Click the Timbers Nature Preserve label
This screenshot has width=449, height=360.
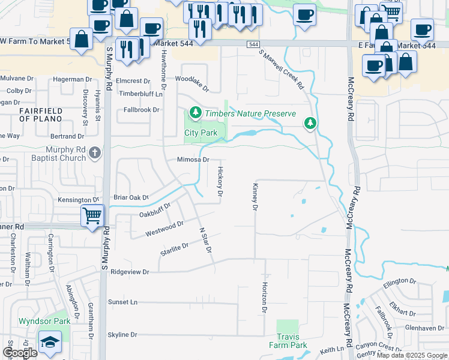click(x=250, y=113)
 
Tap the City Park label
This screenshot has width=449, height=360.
click(x=200, y=132)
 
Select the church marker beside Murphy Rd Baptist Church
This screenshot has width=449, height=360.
click(x=94, y=153)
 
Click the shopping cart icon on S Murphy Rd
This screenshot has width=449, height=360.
click(x=92, y=215)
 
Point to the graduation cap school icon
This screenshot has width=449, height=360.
click(x=50, y=343)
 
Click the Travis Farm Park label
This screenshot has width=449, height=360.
click(x=292, y=341)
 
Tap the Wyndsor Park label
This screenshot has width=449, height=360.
click(x=44, y=322)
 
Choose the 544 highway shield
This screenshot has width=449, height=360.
click(x=253, y=45)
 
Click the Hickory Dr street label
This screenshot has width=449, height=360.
click(x=220, y=182)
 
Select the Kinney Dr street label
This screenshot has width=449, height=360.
click(x=255, y=197)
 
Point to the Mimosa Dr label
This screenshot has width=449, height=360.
click(x=193, y=160)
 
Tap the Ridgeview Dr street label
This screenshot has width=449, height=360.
click(x=129, y=272)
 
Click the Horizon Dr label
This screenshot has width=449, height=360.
click(x=264, y=298)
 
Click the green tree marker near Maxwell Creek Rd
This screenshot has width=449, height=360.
click(x=310, y=124)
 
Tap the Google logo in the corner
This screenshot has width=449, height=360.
click(x=20, y=353)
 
